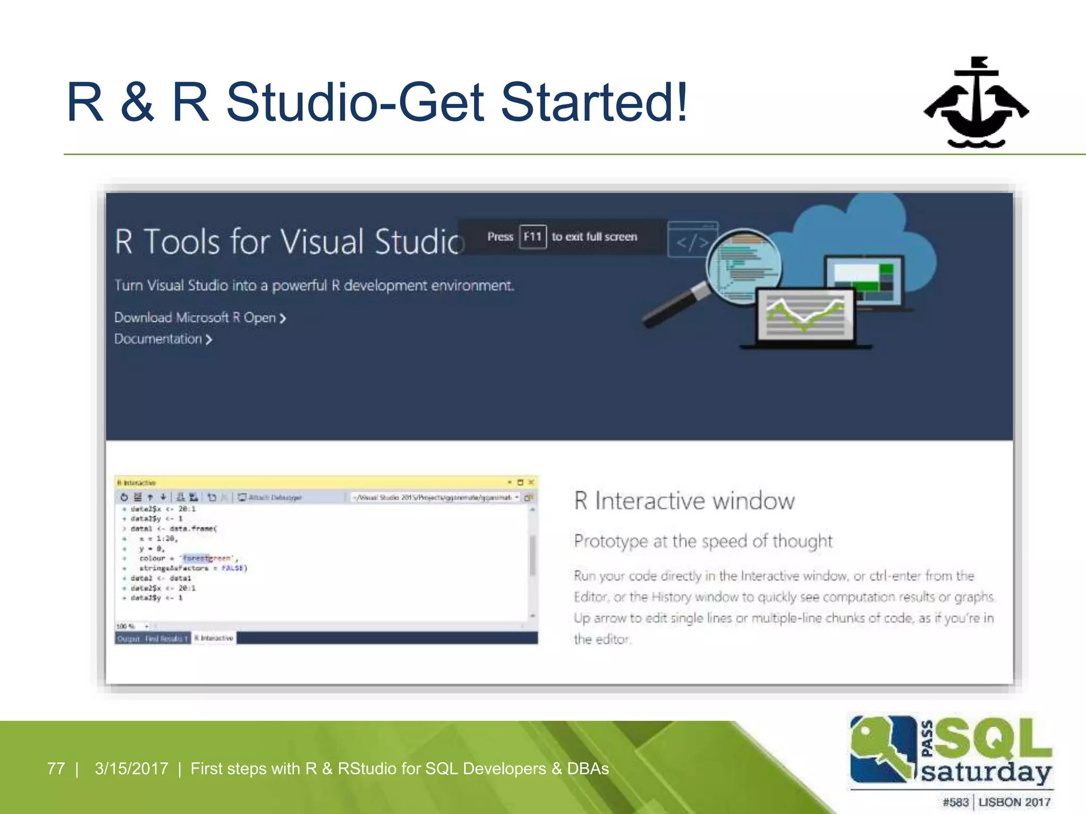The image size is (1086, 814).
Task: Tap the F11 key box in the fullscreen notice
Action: pyautogui.click(x=532, y=236)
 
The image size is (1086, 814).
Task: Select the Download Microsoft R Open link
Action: pyautogui.click(x=199, y=318)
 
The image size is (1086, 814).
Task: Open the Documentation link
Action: pyautogui.click(x=162, y=339)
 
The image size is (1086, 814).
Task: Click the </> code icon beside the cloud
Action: pyautogui.click(x=693, y=242)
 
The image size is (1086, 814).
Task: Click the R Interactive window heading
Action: pyautogui.click(x=684, y=501)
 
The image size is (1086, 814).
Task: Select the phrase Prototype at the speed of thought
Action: pyautogui.click(x=703, y=541)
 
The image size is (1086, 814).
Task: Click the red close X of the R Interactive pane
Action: pyautogui.click(x=531, y=482)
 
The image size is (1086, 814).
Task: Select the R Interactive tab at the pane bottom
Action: pyautogui.click(x=214, y=638)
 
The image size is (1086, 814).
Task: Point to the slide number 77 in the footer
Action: pyautogui.click(x=56, y=768)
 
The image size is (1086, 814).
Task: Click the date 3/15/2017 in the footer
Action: pyautogui.click(x=131, y=768)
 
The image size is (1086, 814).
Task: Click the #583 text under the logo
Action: pyautogui.click(x=955, y=802)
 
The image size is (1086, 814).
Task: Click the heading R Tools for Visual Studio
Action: pyautogui.click(x=289, y=242)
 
